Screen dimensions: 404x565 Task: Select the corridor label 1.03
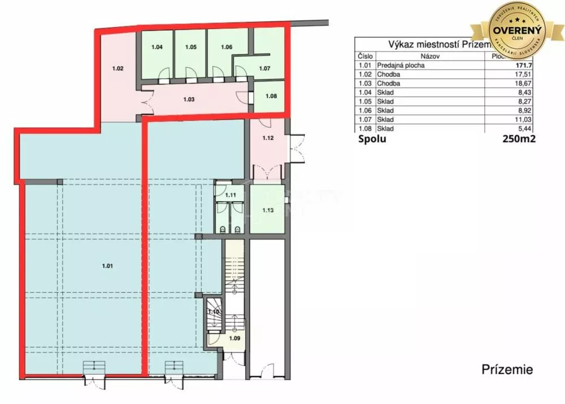pos(189,99)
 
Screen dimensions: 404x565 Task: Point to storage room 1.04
pos(157,47)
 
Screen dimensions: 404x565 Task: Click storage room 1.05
pos(190,47)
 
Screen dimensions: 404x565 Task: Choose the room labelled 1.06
pos(227,47)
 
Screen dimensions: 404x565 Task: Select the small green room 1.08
pos(271,96)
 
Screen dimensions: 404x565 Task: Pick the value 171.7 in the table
pos(524,66)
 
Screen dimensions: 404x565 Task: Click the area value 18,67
pos(525,84)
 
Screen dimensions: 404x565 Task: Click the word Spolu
pos(372,139)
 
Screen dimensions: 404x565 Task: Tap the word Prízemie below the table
pos(507,370)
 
